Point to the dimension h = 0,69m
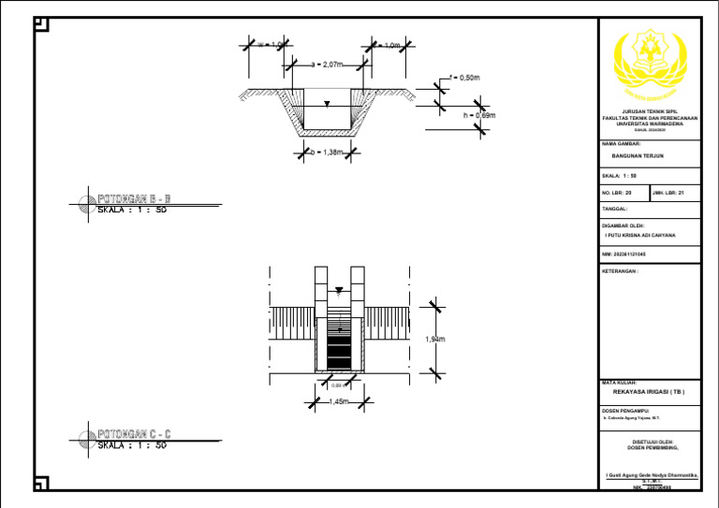pos(478,116)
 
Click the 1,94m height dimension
pos(434,340)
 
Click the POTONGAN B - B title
pos(135,198)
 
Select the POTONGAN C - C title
pos(135,434)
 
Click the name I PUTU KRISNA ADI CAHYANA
pos(641,236)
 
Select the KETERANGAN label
pos(621,270)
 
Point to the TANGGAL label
pos(615,209)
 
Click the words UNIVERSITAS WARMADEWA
pos(648,123)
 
